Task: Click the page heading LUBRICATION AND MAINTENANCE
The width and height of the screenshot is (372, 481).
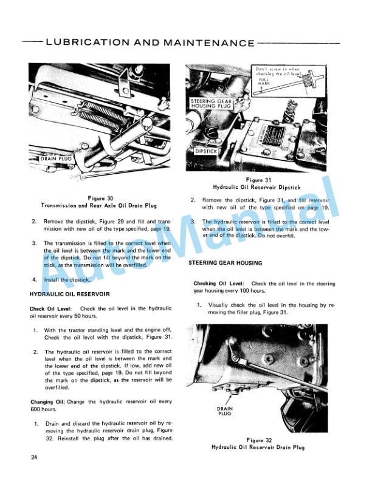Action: coord(150,43)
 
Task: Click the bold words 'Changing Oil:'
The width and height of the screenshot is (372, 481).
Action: coord(49,402)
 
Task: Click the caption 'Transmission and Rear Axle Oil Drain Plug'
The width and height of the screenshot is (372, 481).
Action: coord(100,206)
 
